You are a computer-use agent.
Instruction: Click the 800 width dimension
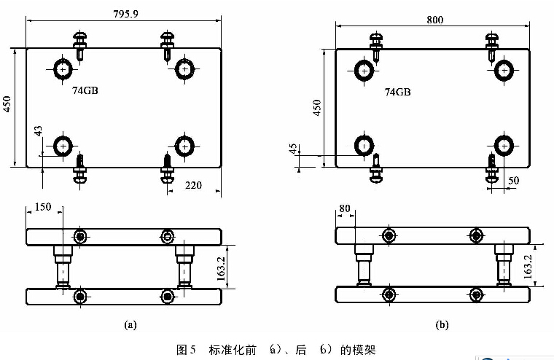434,19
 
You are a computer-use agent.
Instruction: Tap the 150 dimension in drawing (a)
43,208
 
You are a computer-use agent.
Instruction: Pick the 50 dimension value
513,180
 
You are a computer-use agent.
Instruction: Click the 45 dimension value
294,149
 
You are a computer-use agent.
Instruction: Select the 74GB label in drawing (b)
397,93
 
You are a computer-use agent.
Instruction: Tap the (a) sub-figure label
130,324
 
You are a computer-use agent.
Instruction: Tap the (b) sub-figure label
442,324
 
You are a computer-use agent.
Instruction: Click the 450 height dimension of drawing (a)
7,106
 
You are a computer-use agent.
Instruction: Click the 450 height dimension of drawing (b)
316,107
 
